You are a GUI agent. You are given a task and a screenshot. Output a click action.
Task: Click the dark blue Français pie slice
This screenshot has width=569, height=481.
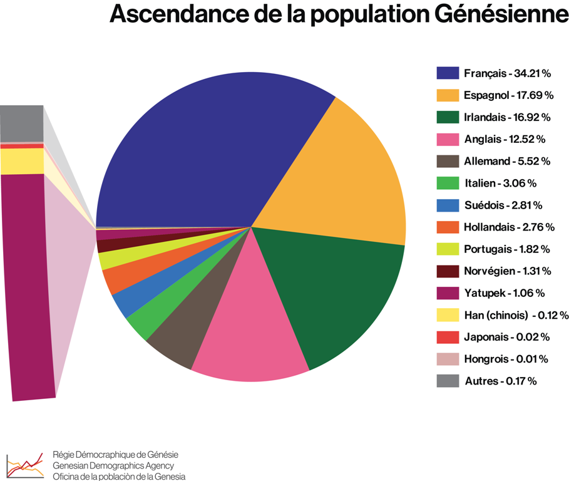click(207, 150)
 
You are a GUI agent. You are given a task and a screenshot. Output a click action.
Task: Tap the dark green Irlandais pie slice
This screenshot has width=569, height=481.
click(338, 294)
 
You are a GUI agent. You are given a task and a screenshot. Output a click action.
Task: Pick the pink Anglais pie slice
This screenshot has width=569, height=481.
click(250, 326)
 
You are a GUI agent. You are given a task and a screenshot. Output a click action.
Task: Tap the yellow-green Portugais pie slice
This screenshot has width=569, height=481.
click(110, 258)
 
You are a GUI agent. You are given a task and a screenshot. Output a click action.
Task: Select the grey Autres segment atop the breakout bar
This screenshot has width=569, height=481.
click(22, 123)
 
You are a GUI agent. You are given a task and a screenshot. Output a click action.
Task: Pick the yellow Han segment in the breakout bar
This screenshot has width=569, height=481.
click(22, 161)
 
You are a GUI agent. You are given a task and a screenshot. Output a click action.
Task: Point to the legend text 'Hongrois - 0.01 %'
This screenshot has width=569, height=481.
click(506, 359)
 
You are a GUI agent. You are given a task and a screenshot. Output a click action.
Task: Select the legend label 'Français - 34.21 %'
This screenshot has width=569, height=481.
click(507, 73)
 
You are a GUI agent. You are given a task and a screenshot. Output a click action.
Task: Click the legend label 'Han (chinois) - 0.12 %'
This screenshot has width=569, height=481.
click(516, 315)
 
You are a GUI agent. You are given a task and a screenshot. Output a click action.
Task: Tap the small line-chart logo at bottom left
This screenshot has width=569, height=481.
click(24, 465)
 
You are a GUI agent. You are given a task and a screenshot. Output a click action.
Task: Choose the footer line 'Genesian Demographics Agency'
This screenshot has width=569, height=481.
click(113, 465)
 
